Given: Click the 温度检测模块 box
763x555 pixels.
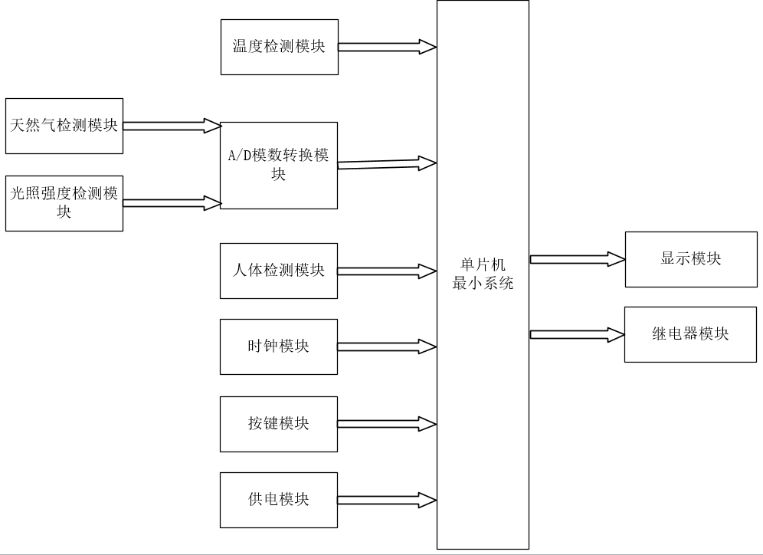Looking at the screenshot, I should (x=279, y=47).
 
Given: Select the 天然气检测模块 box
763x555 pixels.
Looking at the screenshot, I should (x=64, y=126).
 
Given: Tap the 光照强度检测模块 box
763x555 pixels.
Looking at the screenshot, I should (x=64, y=203).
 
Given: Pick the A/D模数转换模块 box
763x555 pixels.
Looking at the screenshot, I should (x=278, y=165).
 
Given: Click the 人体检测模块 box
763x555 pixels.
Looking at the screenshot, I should (x=278, y=271).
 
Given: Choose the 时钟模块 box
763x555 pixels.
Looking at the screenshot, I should (x=278, y=346).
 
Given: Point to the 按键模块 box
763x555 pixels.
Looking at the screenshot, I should (x=278, y=424).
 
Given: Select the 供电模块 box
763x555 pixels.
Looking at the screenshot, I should (x=278, y=500).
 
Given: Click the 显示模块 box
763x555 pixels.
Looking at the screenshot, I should (x=691, y=259).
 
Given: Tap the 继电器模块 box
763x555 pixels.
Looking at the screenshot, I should (x=691, y=334).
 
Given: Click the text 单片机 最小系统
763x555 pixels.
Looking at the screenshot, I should (x=483, y=274).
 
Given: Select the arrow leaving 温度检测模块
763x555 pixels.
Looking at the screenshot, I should (x=387, y=47).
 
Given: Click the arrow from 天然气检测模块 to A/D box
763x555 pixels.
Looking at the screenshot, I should (x=172, y=126).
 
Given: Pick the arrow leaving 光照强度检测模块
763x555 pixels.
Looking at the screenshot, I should (x=172, y=203).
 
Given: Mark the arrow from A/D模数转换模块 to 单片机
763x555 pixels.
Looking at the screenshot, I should (x=387, y=163).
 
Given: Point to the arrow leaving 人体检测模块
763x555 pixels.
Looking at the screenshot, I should (x=387, y=271).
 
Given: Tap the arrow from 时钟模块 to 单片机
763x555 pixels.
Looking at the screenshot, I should (x=387, y=346).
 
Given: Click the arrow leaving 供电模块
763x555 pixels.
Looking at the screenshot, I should (x=387, y=500).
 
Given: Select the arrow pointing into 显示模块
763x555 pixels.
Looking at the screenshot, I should (x=578, y=259).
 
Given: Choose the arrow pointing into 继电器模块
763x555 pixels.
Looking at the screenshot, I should (x=578, y=334).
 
